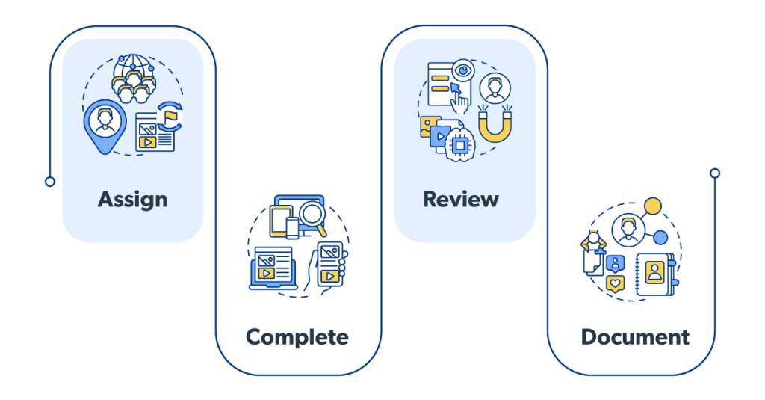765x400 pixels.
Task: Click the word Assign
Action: click(132, 199)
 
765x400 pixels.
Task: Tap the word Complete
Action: click(297, 337)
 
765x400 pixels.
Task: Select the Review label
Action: click(460, 199)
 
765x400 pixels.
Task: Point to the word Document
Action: click(635, 337)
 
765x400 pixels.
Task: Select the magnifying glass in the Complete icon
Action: click(312, 218)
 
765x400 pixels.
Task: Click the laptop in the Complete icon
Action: click(273, 267)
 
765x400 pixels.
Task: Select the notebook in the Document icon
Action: click(655, 273)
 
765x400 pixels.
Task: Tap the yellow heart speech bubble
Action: click(615, 283)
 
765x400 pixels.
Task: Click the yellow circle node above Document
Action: click(653, 206)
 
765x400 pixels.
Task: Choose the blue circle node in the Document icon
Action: click(660, 238)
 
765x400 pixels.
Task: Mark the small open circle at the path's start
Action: click(50, 182)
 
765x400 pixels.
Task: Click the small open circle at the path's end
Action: click(715, 173)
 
